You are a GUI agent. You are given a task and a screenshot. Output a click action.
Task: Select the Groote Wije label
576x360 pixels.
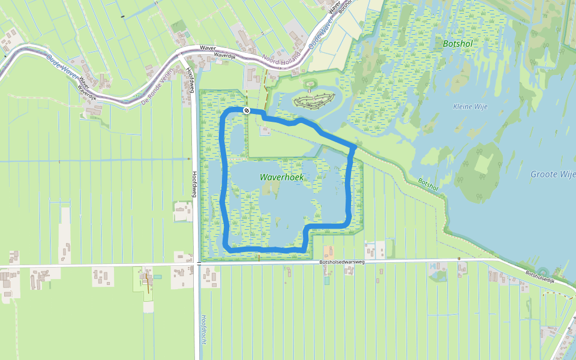[553, 175]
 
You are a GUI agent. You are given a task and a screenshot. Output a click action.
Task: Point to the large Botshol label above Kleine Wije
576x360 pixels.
[458, 43]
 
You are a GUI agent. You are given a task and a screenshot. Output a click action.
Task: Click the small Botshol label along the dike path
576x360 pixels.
[428, 184]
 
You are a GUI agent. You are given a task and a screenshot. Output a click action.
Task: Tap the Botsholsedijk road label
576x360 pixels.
[542, 277]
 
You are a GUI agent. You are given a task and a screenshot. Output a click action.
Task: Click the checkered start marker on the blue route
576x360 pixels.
[247, 110]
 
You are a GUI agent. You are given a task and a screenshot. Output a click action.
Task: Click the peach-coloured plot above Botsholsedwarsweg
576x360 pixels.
[328, 251]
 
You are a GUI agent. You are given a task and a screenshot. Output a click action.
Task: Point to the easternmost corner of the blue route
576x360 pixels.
[355, 146]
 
